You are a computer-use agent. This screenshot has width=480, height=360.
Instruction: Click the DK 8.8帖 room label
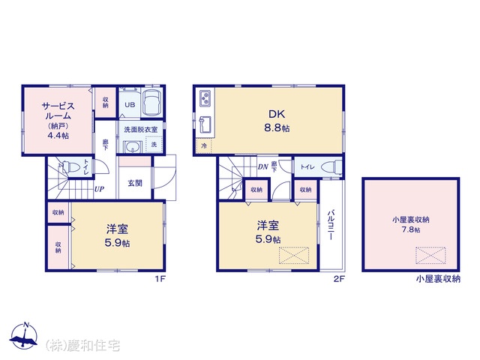pos(277,121)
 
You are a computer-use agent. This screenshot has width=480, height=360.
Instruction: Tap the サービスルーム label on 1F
pos(58,111)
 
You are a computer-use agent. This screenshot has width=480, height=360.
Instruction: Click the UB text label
pos(130,105)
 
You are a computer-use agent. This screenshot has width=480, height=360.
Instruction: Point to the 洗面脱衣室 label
pos(141,130)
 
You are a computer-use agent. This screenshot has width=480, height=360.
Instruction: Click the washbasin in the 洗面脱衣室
pos(133,147)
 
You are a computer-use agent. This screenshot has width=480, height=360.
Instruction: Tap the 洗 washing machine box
pos(154,145)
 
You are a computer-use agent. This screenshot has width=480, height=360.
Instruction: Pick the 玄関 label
pos(135,183)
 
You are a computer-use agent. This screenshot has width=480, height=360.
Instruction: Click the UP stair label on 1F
pos(99,189)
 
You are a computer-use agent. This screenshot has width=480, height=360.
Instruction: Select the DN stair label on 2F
pos(262,166)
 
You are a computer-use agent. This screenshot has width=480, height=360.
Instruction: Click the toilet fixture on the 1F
pos(70,167)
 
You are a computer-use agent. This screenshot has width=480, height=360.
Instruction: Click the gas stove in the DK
pos(205,98)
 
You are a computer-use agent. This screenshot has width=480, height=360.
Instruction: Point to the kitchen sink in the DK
pos(205,125)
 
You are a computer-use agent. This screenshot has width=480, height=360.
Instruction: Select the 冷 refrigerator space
pos(204,145)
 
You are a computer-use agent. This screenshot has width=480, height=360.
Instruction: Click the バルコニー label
pos(330,225)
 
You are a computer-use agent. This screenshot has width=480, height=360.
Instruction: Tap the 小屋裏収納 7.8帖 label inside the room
pos(411,224)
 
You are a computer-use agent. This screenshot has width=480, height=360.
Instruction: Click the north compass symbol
pos(23,335)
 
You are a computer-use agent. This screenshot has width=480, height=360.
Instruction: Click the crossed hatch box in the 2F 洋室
pos(293,255)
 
